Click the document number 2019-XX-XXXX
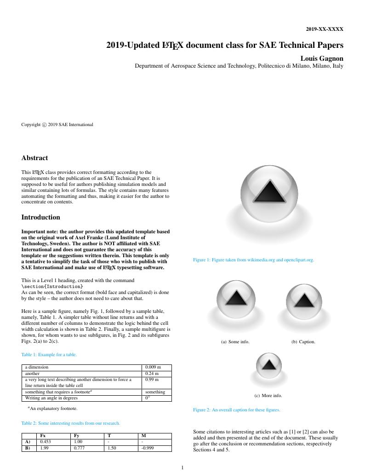(325, 29)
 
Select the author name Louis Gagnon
(321, 58)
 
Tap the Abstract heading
(34, 158)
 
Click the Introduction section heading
(40, 217)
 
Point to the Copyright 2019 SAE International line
(57, 124)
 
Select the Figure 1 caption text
(253, 260)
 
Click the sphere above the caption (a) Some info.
(235, 298)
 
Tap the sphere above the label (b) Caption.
(303, 301)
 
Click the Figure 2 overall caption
(236, 410)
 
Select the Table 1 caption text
(49, 355)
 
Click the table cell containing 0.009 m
(153, 367)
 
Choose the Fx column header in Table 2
(43, 435)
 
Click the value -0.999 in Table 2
(147, 448)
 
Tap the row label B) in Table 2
(27, 448)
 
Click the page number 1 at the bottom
(182, 467)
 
